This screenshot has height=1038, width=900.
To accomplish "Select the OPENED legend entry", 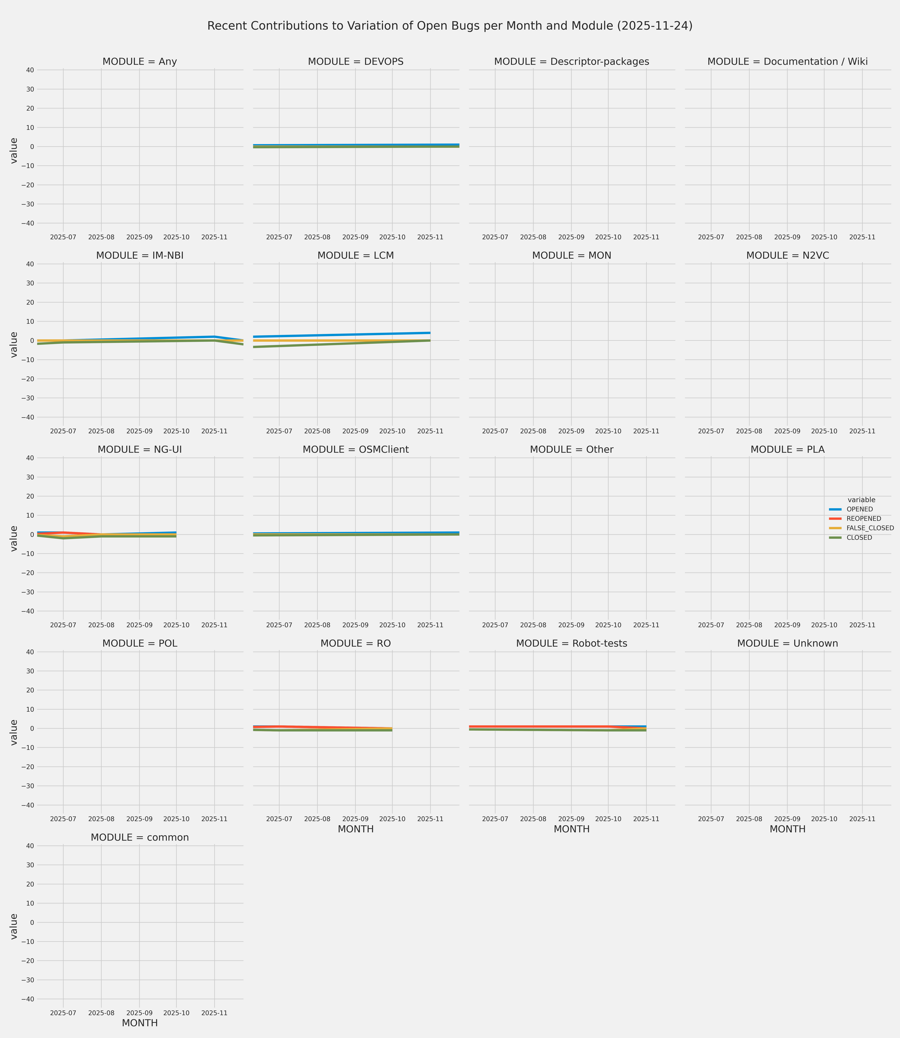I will (859, 509).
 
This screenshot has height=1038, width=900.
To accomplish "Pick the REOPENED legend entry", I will (863, 519).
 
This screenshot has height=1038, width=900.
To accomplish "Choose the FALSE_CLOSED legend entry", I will (870, 528).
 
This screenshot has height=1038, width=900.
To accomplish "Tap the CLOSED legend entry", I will (859, 538).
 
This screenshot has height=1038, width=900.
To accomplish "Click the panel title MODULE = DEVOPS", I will (356, 62).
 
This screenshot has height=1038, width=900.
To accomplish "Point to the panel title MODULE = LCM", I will (356, 256).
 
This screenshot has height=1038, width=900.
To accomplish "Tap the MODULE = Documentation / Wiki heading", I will (787, 62).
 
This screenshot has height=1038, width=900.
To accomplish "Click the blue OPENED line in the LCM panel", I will (341, 335).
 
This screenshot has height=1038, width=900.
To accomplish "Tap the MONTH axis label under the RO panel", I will (356, 829).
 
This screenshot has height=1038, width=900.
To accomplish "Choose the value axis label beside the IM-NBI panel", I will (14, 345).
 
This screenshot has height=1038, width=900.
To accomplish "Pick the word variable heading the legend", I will (861, 500).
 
